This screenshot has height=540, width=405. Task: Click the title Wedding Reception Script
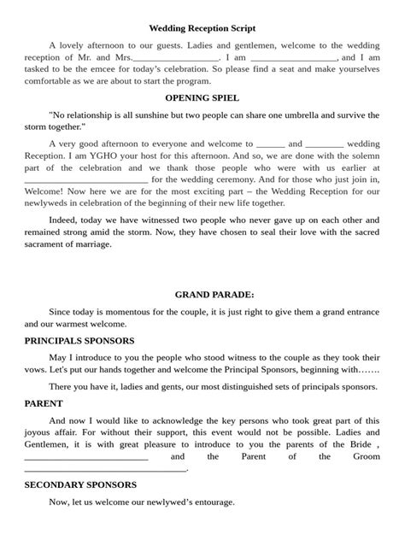pyautogui.click(x=202, y=28)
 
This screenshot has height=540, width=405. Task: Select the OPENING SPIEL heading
pyautogui.click(x=202, y=98)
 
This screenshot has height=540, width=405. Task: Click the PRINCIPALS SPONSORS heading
pyautogui.click(x=79, y=340)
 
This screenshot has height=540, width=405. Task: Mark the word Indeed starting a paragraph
pyautogui.click(x=65, y=219)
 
